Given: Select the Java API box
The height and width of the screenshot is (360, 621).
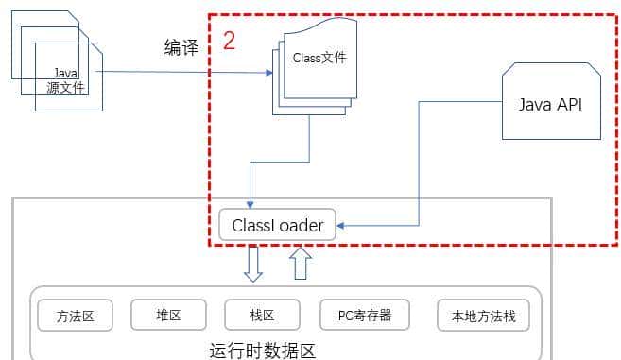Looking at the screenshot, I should pyautogui.click(x=551, y=103).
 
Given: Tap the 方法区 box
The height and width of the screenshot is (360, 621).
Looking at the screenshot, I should pyautogui.click(x=75, y=316).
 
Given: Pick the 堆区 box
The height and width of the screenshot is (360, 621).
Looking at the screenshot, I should pyautogui.click(x=168, y=316).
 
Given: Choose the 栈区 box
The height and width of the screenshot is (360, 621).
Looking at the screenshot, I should pyautogui.click(x=262, y=316).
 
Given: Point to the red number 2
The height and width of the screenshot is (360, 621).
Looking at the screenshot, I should pyautogui.click(x=229, y=41).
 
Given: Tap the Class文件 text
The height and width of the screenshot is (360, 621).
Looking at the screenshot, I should pyautogui.click(x=319, y=58).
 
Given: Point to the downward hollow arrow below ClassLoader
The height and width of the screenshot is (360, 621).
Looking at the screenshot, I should pyautogui.click(x=252, y=263).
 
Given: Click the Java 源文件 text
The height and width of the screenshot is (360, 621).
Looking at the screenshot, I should pyautogui.click(x=66, y=79).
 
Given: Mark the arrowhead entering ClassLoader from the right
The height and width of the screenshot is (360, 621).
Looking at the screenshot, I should pyautogui.click(x=342, y=226).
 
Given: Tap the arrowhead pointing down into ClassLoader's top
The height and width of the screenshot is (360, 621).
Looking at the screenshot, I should pyautogui.click(x=250, y=204).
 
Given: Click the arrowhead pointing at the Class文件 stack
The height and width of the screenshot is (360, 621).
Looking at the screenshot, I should pyautogui.click(x=267, y=72).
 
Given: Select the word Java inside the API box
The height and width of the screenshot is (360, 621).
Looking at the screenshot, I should pyautogui.click(x=535, y=103).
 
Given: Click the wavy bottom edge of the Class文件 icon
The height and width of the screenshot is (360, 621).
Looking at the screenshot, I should pyautogui.click(x=321, y=99).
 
